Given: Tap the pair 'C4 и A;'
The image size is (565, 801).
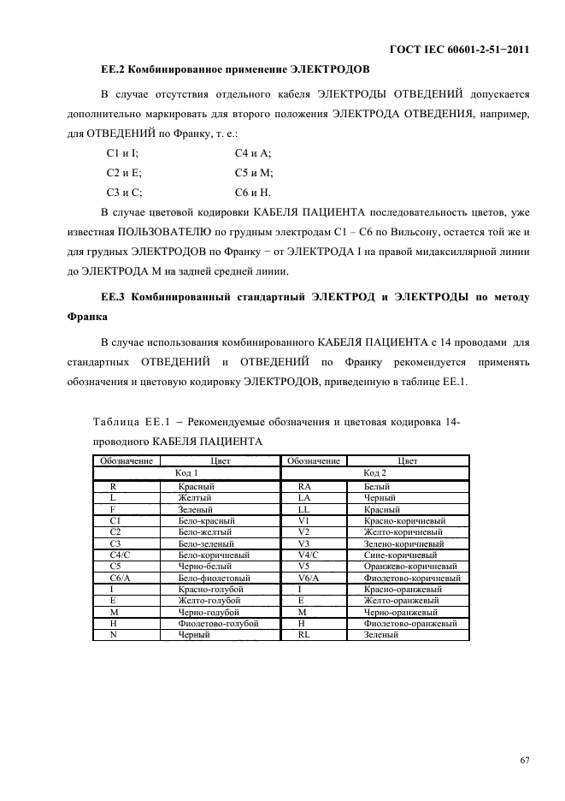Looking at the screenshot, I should (x=252, y=153).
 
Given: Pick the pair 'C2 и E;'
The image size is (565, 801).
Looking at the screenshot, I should (x=124, y=173).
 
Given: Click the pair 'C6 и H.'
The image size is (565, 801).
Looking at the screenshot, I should (x=252, y=193).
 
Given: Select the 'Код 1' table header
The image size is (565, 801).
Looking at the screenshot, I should (x=186, y=472).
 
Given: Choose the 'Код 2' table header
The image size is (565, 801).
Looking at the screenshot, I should (x=374, y=472).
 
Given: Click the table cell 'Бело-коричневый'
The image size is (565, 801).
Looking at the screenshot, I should (x=214, y=555).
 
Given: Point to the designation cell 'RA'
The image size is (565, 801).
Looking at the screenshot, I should (x=304, y=484).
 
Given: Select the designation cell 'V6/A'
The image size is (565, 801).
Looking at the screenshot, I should (x=308, y=578).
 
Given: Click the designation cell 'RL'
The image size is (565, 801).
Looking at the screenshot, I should (x=304, y=635).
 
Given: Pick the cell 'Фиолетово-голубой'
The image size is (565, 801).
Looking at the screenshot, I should (x=218, y=624).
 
